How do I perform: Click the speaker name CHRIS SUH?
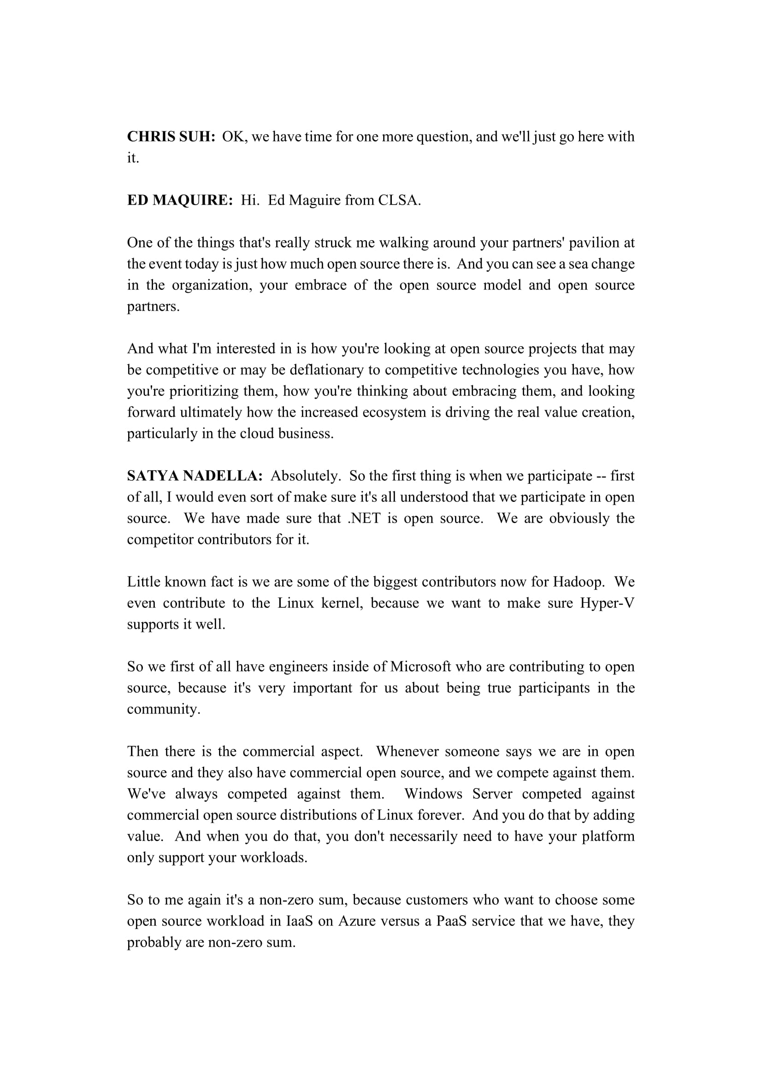pos(171,136)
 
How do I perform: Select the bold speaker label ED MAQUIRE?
pos(180,200)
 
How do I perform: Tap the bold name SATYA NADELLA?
pos(195,476)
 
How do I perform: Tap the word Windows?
pos(433,794)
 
